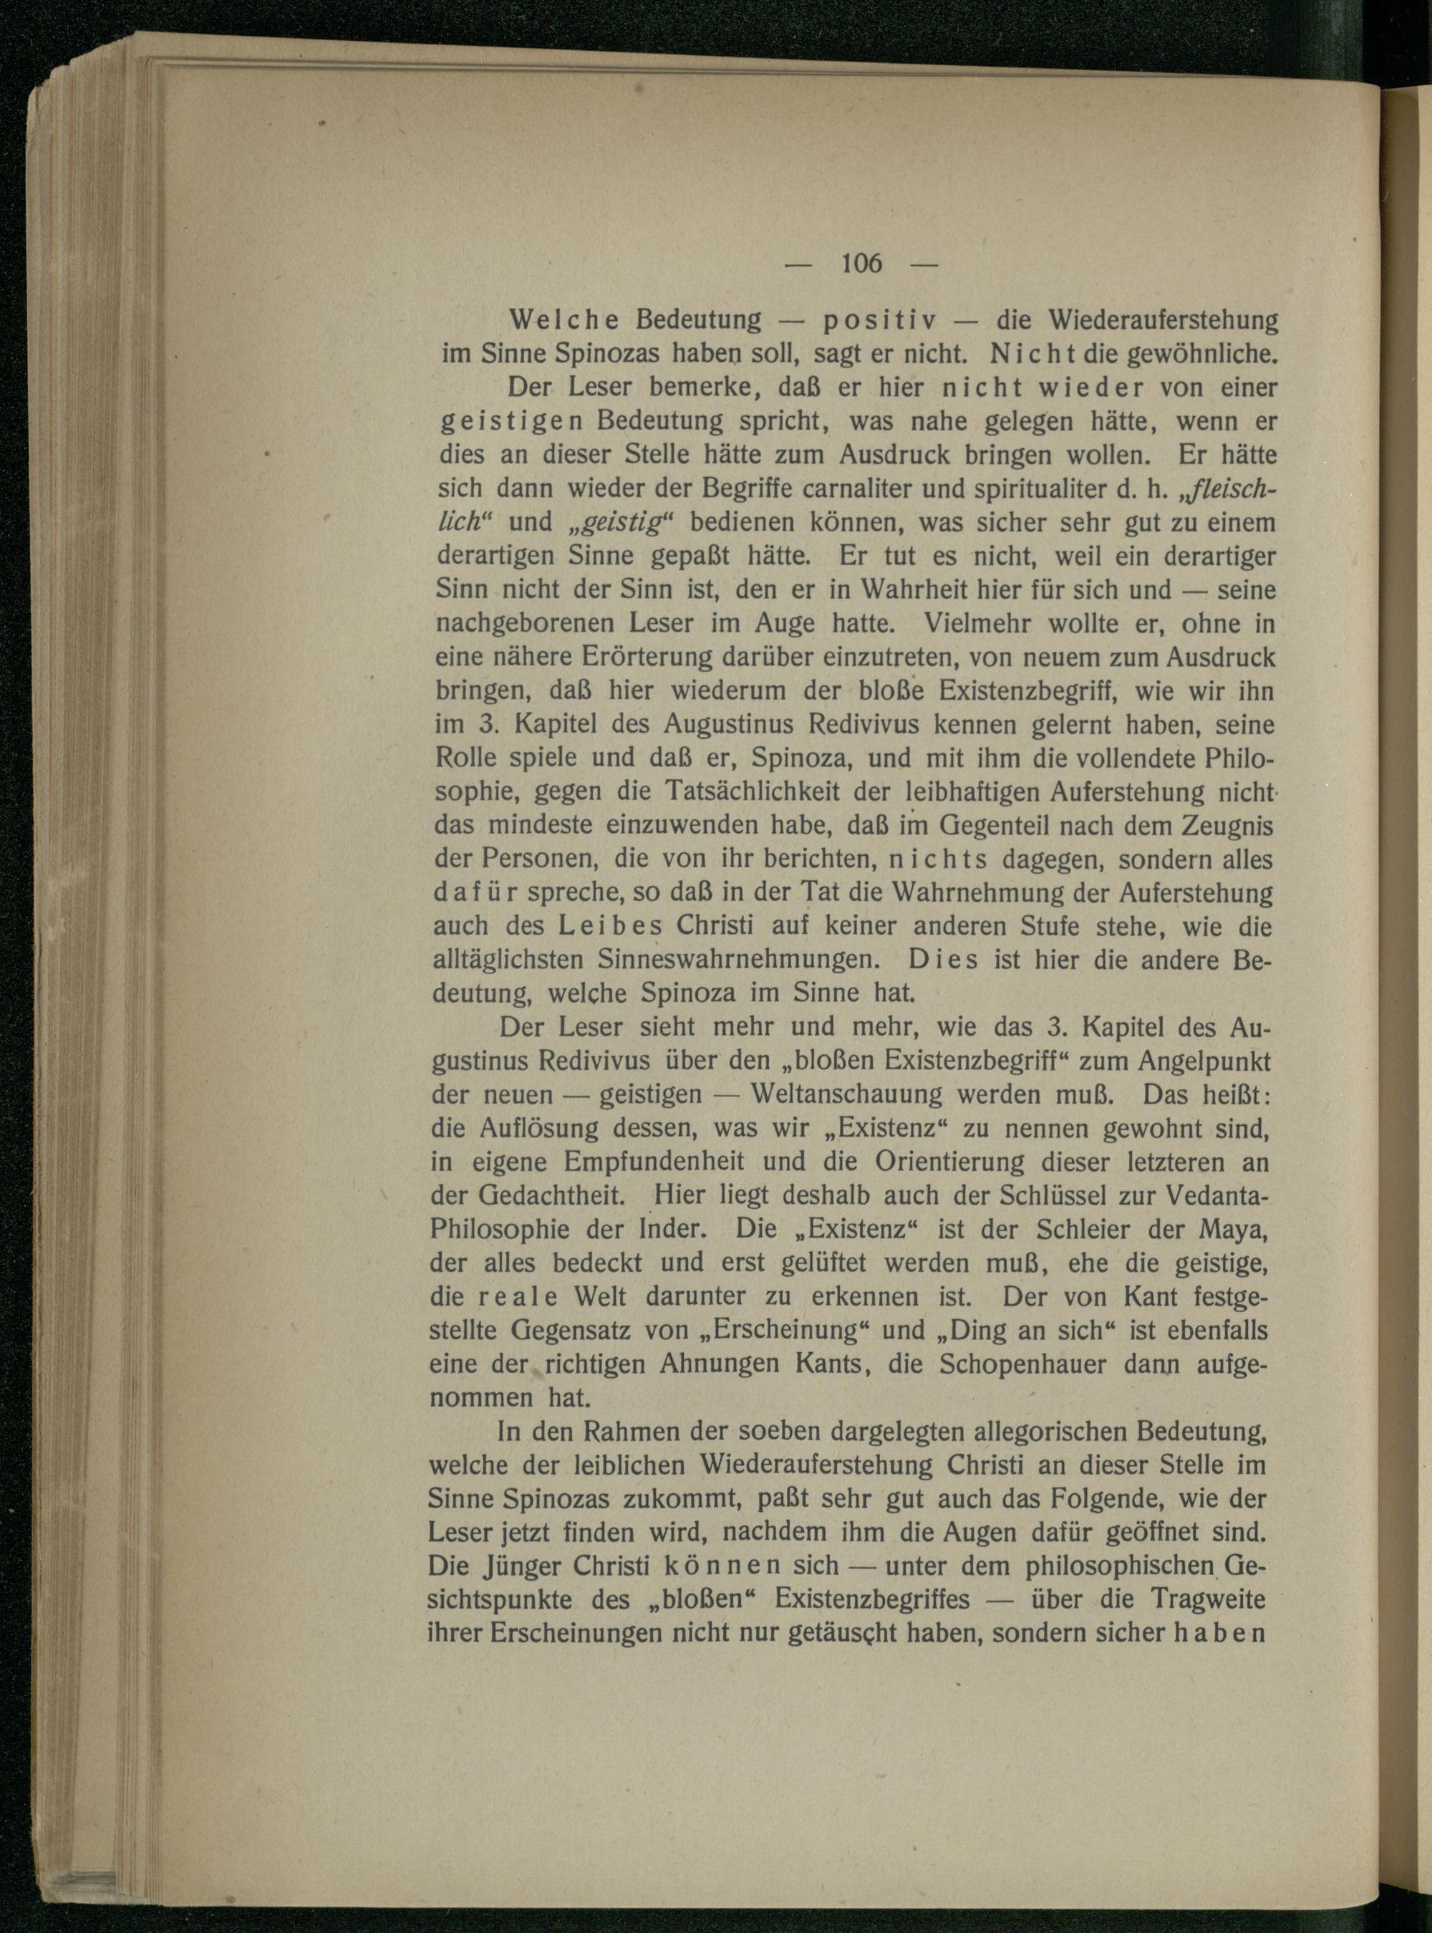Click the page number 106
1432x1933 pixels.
coord(860,263)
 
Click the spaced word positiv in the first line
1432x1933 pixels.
coord(878,321)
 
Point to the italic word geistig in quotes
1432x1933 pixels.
coord(616,523)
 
